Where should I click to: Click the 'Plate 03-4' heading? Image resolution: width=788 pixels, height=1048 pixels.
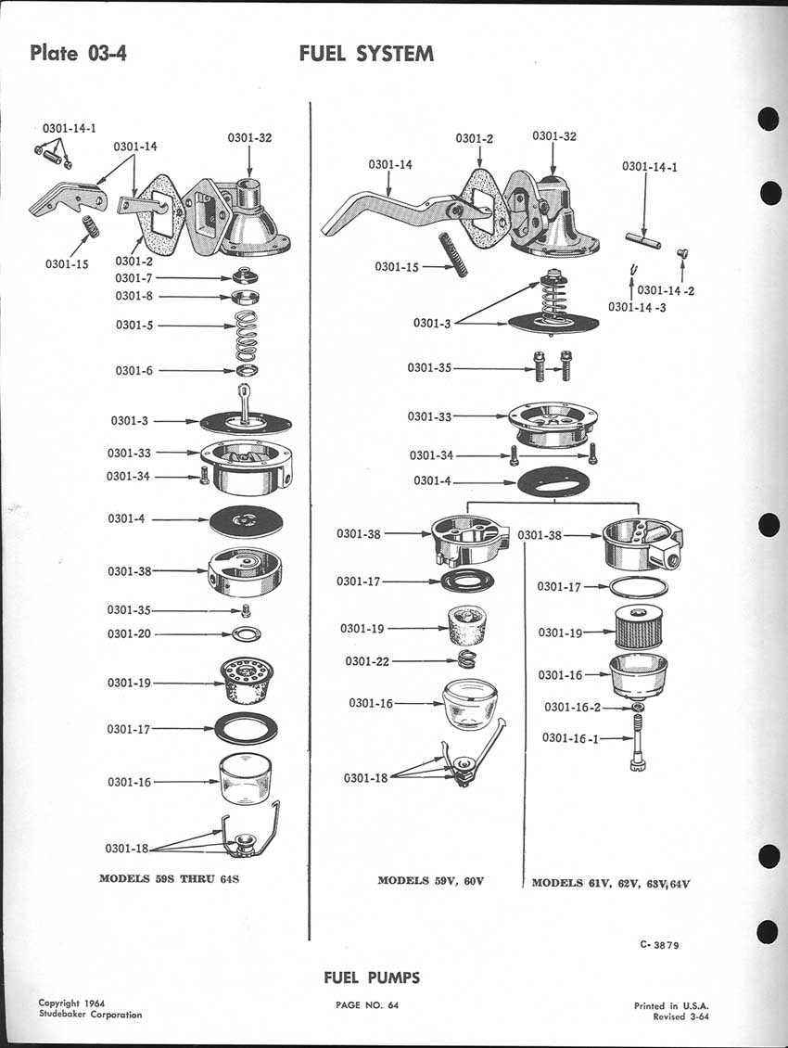(78, 52)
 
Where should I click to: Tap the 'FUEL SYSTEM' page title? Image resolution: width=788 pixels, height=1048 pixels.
(366, 53)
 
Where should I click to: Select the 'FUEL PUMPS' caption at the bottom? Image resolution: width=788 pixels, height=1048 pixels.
(372, 977)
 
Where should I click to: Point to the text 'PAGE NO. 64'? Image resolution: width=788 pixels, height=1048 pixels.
(371, 1005)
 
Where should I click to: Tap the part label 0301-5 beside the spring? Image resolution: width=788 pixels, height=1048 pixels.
(133, 326)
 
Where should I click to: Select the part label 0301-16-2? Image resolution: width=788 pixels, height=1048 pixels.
(572, 708)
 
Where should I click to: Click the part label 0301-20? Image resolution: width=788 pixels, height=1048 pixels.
(129, 634)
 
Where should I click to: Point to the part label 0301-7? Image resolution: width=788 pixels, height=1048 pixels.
(133, 278)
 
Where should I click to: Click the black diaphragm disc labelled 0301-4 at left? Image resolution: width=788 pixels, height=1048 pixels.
(246, 520)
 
